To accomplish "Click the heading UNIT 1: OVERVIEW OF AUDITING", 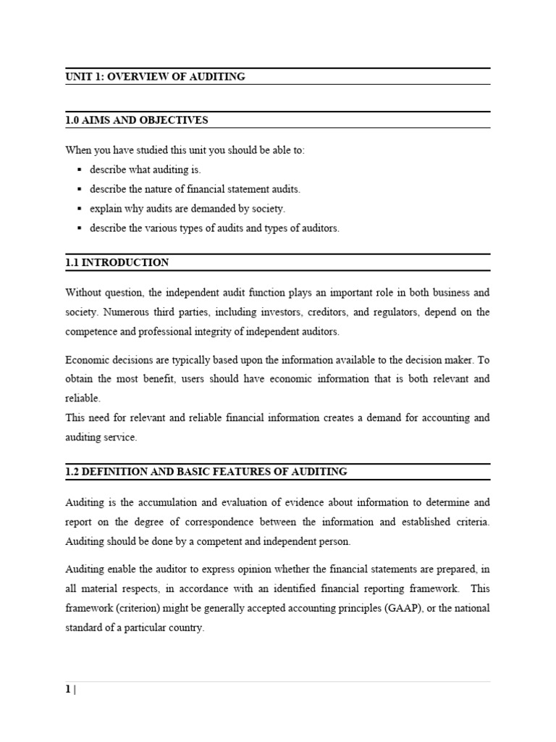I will tap(155, 77).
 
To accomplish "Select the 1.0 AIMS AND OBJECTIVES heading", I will tap(136, 120).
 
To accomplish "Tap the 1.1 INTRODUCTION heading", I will tap(117, 262).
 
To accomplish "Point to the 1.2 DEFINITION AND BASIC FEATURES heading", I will tap(206, 472).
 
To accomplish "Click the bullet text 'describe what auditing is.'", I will tap(145, 170).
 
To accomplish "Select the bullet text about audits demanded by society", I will tap(188, 209).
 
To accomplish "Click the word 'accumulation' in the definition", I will tap(172, 501).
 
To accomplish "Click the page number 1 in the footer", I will tap(68, 690).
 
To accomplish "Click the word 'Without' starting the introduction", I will tap(84, 293).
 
